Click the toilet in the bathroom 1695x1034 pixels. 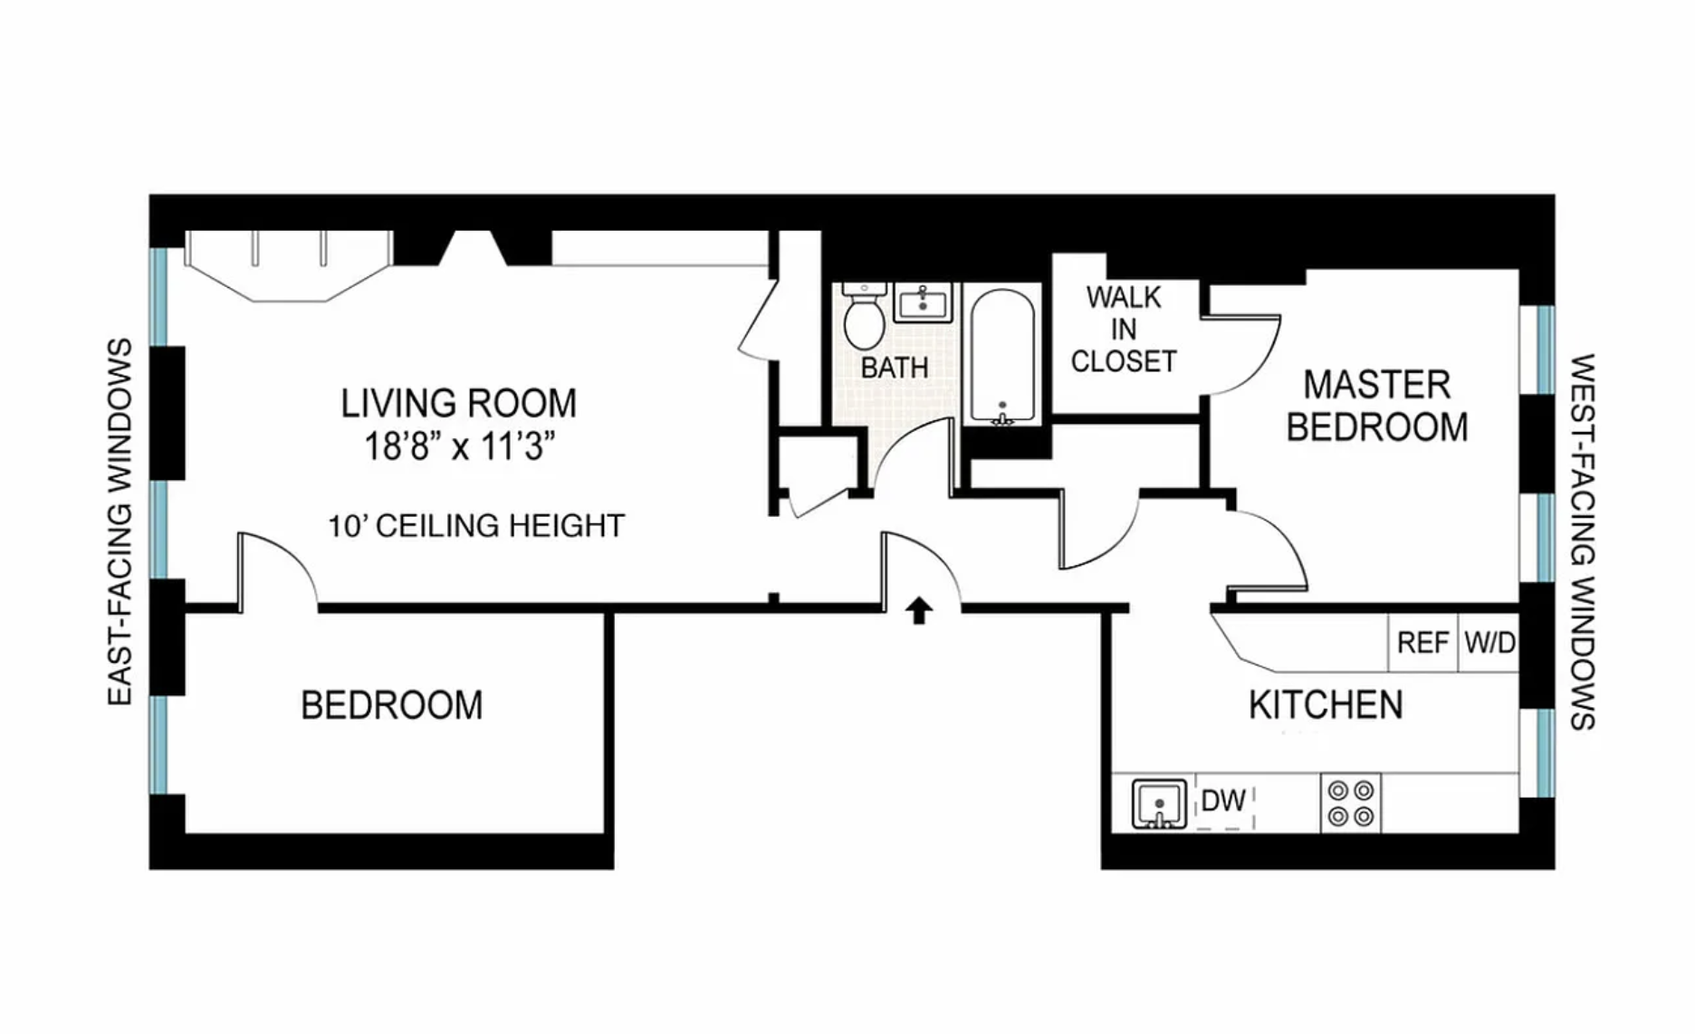(x=863, y=316)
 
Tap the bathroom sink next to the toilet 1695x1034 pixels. (x=923, y=302)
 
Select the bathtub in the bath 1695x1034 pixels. (x=1002, y=356)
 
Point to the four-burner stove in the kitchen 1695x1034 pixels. (x=1350, y=803)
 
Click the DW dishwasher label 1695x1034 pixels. (x=1223, y=800)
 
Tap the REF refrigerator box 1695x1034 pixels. (x=1422, y=643)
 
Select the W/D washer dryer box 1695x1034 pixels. (x=1489, y=643)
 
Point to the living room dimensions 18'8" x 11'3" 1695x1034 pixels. (x=459, y=446)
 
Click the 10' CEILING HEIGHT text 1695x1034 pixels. (x=476, y=526)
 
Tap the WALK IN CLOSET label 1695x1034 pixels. (x=1124, y=330)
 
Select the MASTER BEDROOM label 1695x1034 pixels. (x=1376, y=406)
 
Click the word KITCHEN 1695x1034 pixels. (x=1326, y=704)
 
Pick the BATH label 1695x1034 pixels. (x=895, y=368)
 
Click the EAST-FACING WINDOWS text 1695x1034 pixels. (x=120, y=522)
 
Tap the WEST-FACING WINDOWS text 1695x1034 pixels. (x=1582, y=541)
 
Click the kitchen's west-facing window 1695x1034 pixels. (x=1537, y=752)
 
